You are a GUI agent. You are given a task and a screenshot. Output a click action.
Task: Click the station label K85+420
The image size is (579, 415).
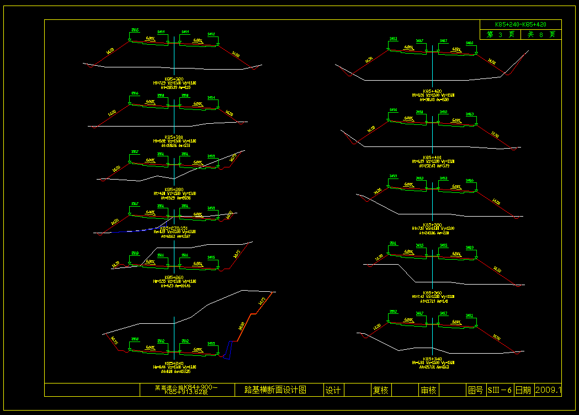432,91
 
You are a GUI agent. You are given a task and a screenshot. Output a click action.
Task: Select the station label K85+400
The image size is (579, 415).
432,157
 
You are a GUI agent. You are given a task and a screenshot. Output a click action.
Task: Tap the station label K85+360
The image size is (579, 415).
432,292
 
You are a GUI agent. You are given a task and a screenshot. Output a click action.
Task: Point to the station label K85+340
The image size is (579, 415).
432,359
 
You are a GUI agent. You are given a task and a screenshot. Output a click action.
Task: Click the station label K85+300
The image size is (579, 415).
174,136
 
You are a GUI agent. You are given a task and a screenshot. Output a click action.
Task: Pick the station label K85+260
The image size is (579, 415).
174,277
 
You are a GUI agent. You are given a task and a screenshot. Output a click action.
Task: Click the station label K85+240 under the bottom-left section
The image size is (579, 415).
174,363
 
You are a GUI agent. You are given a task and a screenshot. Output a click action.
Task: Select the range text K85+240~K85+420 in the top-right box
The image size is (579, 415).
520,25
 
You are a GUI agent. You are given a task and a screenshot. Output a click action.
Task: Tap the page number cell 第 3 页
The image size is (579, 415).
500,35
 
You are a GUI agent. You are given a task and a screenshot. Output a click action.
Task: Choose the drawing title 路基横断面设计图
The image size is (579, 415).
275,390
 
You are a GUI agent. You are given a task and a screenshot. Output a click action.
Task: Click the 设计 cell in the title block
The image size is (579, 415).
333,390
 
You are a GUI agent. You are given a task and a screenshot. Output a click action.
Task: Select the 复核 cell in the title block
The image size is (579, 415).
380,390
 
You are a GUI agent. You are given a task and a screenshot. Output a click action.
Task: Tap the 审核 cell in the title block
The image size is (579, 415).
428,390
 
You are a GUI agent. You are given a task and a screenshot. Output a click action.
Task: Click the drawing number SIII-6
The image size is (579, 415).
500,390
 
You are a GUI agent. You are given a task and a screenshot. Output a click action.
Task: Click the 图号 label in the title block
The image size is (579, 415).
475,390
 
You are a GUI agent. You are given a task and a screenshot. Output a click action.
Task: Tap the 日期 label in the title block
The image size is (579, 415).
523,390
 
